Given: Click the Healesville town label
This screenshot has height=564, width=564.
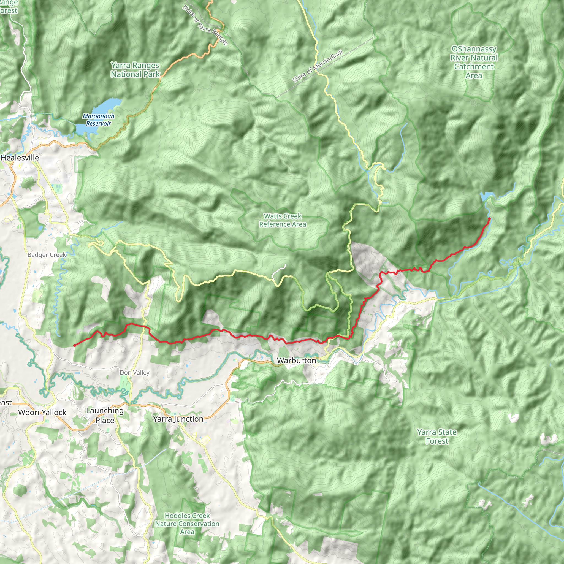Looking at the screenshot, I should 20,158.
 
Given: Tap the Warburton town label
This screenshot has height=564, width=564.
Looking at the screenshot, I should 296,360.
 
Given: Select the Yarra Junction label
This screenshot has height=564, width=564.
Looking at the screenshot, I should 178,419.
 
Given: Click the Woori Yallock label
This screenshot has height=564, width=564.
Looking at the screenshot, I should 42,413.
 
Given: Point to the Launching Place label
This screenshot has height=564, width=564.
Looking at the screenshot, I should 105,415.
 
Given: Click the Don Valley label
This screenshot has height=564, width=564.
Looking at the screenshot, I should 134,373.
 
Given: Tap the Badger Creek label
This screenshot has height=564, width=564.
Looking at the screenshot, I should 47,255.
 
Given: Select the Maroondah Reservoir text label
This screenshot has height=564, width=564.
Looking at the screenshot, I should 98,120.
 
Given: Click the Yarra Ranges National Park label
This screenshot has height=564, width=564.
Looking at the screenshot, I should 135,70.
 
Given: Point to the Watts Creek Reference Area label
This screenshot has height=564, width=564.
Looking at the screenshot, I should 282,220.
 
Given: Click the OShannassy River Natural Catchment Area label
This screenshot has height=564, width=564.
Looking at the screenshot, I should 473,62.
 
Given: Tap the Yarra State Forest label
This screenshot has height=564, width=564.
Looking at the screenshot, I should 437,436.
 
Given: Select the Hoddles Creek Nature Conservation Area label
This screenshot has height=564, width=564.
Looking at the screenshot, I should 187,524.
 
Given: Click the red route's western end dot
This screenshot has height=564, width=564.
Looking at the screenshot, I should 74,345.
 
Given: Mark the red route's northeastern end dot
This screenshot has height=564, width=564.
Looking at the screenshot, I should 489,218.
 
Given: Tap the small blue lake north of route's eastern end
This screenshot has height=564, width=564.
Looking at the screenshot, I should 485,196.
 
